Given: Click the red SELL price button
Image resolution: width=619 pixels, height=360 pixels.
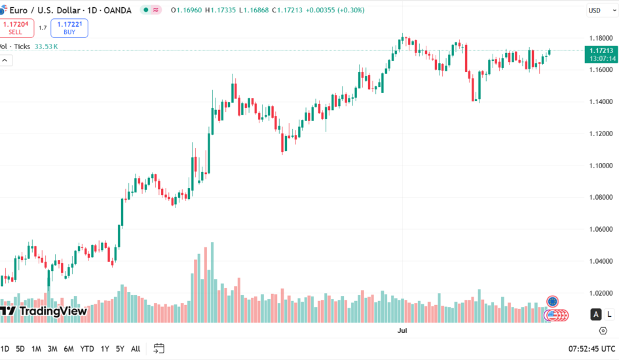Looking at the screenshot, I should pos(16,27).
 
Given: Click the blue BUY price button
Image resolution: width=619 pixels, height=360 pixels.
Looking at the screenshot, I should pos(69,27).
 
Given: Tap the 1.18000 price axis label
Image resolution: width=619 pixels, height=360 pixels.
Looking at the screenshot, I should pos(601,38).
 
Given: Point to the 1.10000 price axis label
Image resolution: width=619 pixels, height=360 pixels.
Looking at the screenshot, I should pos(601,166).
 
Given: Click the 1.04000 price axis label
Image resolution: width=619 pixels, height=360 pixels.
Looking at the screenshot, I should pos(601,261).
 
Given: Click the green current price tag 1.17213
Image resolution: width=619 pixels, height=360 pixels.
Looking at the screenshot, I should pos(601,50).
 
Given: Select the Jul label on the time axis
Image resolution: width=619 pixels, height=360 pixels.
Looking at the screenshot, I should pos(403,331).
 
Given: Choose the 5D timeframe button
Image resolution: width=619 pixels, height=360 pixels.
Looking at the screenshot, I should pos(20,349).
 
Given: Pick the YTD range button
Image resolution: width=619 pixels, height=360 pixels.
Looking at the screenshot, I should pos(86,349).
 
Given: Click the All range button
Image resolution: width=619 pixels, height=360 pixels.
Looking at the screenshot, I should pos(136,349).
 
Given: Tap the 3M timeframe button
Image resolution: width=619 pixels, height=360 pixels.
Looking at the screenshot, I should pos(52,349).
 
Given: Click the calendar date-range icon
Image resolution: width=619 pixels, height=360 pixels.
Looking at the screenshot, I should pos(159,348).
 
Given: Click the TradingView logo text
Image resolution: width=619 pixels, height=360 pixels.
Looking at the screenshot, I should pos(52,311).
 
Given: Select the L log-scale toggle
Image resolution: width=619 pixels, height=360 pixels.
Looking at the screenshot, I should pos(609,314).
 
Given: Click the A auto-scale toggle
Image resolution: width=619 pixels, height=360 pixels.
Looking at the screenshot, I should pos(596,314).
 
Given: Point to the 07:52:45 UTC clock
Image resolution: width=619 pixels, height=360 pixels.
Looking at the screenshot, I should pos(592,349).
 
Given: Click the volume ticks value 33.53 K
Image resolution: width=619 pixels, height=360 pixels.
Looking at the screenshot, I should pos(46,46).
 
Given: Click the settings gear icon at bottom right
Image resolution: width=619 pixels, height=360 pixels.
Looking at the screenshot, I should pos(603,331).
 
